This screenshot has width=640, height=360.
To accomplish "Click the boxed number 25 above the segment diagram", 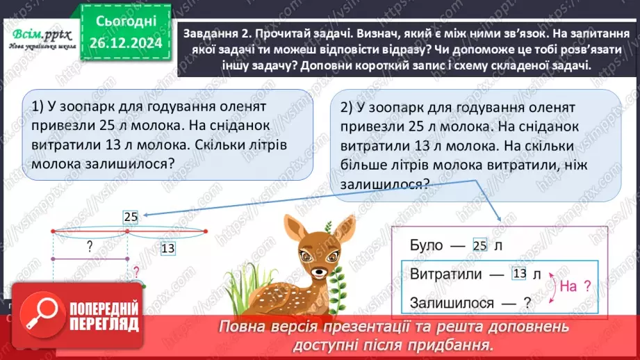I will (131, 217).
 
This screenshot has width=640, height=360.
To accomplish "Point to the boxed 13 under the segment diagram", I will (167, 247).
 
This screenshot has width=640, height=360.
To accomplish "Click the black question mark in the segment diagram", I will (89, 245).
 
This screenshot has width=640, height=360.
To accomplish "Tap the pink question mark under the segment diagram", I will (136, 272).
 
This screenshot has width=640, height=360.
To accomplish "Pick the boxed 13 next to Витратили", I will (519, 273).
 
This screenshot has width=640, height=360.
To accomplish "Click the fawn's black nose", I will (320, 272).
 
